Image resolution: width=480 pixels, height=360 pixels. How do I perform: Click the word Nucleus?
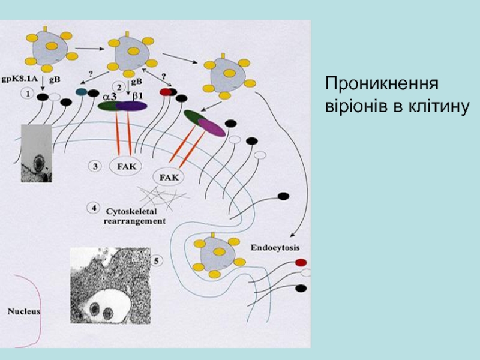pos(24,311)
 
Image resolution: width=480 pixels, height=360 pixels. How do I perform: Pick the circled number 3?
pos(95,166)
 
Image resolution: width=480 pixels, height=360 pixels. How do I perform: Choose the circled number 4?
pos(94,208)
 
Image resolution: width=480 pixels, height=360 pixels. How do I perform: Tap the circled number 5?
pos(156,261)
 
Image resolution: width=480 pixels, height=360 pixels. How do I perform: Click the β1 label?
pos(139,95)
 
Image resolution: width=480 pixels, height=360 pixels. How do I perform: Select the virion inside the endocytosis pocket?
pos(220,254)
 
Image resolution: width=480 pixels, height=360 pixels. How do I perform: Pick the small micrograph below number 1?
pos(37,153)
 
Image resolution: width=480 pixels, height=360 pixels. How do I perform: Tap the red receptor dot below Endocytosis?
pos(301,262)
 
